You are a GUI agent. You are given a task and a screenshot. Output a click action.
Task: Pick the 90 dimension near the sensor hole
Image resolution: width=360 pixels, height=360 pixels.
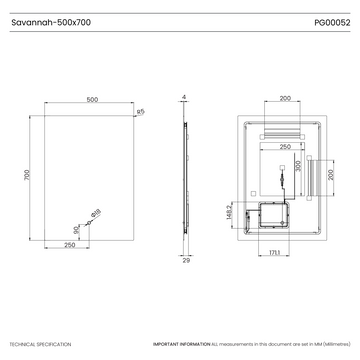78,225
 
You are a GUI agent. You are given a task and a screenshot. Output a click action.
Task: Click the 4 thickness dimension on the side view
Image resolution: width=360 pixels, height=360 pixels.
186,97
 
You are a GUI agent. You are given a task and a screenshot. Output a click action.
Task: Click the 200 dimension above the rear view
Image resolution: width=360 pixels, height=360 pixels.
285,99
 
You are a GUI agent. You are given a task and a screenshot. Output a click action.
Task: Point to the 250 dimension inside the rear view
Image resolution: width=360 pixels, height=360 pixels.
285,147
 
